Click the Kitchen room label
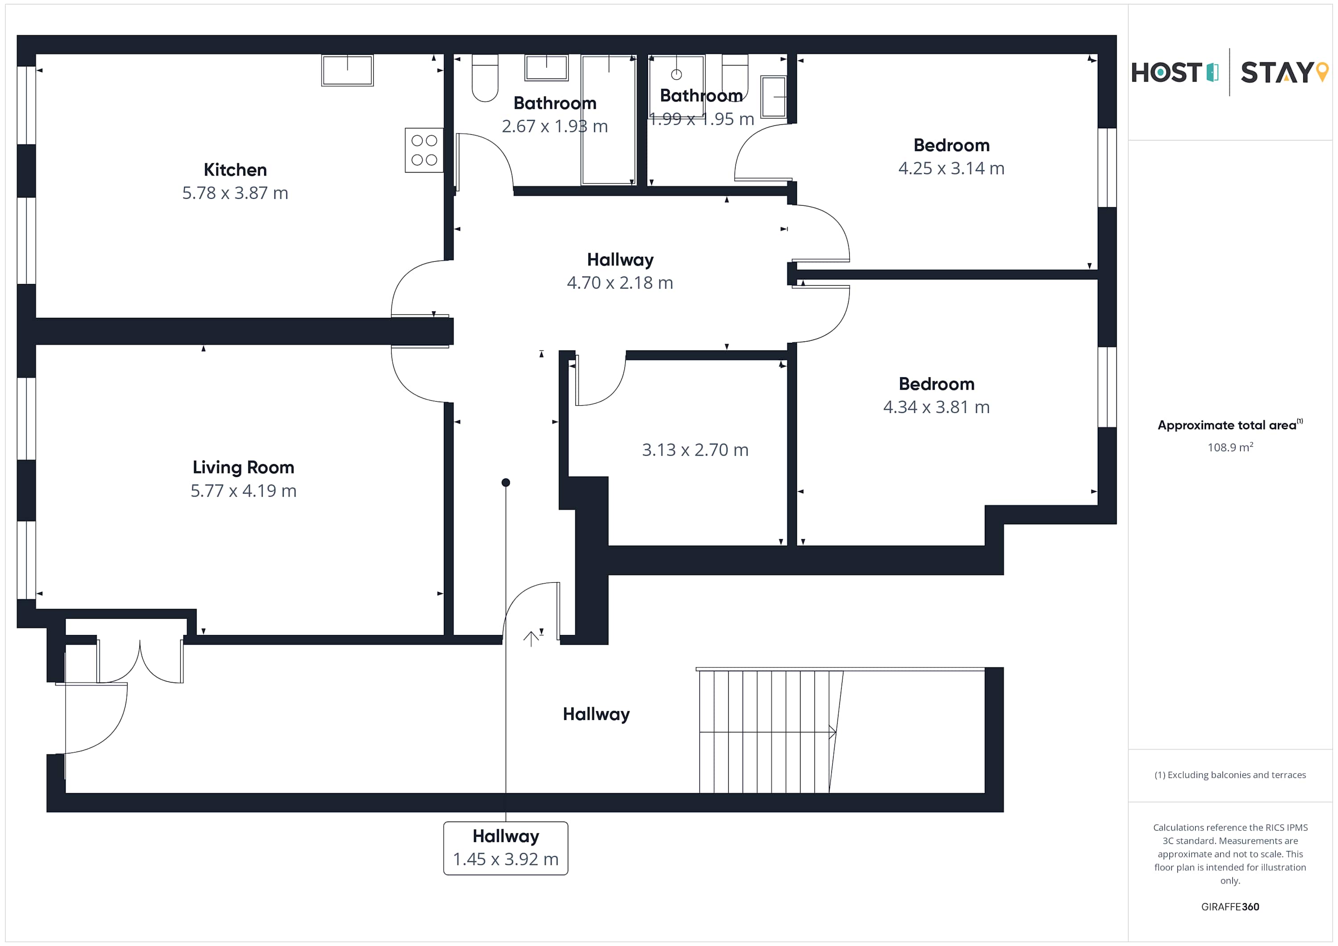235,169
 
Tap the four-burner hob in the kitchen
424,150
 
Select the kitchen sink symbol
347,70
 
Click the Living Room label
243,467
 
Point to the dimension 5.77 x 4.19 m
243,490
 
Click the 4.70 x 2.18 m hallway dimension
619,283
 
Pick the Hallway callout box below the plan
505,847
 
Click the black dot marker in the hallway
506,482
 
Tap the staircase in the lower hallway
769,731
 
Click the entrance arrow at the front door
531,639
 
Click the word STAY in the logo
1276,73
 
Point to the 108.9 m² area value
1230,448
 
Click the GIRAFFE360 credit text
1230,906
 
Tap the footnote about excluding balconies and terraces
1230,775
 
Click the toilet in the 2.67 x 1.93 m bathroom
485,78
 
